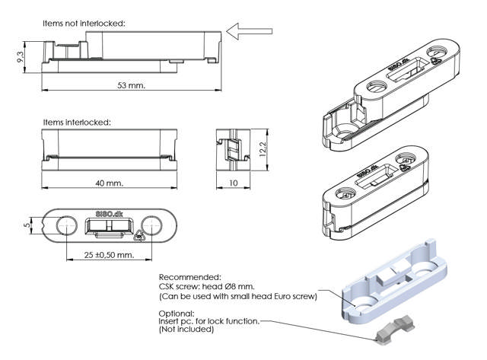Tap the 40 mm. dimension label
108,183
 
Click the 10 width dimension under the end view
233,183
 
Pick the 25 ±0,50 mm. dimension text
109,253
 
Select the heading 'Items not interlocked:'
84,24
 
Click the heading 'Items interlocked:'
77,122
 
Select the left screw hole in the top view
65,226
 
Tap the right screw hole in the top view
152,226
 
